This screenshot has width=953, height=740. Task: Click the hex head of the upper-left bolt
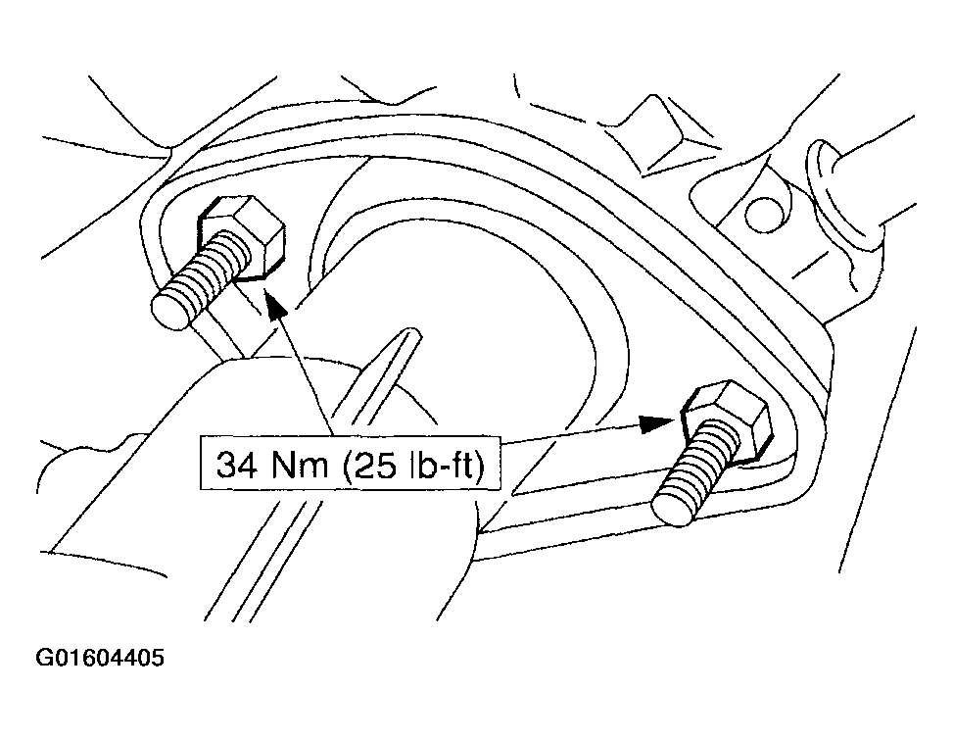coord(243,237)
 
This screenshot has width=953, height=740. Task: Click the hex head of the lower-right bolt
coord(728,421)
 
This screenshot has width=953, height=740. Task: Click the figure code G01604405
coord(100,658)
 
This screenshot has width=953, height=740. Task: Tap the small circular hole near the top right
coord(762,214)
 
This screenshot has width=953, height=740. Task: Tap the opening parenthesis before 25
coord(345,467)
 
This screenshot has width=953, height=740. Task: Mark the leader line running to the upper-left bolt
coord(306,370)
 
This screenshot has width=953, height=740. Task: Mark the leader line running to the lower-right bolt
coord(571,433)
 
